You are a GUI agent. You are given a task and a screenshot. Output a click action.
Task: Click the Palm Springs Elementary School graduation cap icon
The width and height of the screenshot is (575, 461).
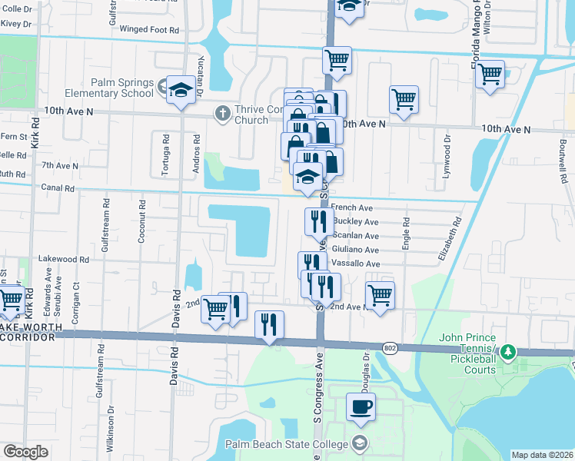click(x=181, y=89)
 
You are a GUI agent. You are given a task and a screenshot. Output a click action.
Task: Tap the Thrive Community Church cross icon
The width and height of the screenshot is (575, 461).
click(x=222, y=114)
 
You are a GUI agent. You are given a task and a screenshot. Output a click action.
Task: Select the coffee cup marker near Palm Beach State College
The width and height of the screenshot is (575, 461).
click(x=360, y=407)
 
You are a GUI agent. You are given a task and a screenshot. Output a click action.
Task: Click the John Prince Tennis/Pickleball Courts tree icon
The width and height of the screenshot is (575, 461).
click(x=507, y=353)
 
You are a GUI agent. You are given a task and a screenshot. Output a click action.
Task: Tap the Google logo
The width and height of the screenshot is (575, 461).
click(x=25, y=452)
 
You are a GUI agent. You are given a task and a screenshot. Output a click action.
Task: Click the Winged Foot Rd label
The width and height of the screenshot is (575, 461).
click(x=155, y=30)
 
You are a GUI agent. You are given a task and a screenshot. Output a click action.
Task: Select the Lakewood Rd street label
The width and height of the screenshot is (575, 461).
click(x=65, y=260)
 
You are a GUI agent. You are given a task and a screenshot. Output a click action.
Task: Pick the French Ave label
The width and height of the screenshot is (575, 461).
click(x=351, y=207)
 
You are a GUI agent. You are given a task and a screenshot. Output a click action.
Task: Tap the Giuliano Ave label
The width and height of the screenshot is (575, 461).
click(x=355, y=250)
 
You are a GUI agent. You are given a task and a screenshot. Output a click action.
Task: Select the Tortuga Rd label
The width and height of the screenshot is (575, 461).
click(x=165, y=152)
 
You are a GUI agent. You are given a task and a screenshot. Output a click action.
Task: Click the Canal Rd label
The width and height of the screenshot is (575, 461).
click(x=58, y=187)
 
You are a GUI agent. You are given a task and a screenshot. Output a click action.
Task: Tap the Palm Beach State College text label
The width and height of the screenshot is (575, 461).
click(x=284, y=443)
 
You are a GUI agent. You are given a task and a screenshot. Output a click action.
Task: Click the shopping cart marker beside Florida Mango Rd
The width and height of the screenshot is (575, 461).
click(x=490, y=75)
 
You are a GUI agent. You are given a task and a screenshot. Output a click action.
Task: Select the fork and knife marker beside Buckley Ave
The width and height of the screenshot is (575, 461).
click(x=318, y=221)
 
